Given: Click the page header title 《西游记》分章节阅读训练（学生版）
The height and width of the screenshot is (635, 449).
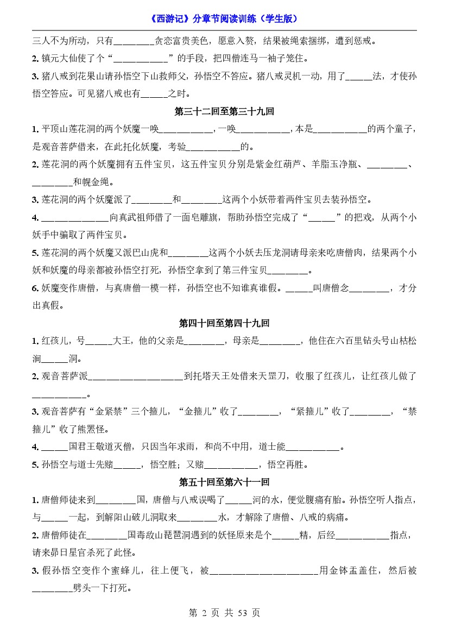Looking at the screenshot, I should point(224,18).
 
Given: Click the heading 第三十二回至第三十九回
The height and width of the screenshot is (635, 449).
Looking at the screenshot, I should point(224,112).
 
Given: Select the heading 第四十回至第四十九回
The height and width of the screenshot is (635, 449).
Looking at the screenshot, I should point(224,323).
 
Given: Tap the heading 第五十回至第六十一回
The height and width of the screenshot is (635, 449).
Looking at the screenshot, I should point(224,482).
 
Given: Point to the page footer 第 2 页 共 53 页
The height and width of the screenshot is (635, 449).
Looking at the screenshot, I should point(224,613).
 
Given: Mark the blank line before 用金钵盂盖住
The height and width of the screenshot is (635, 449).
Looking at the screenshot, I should point(264,570).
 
